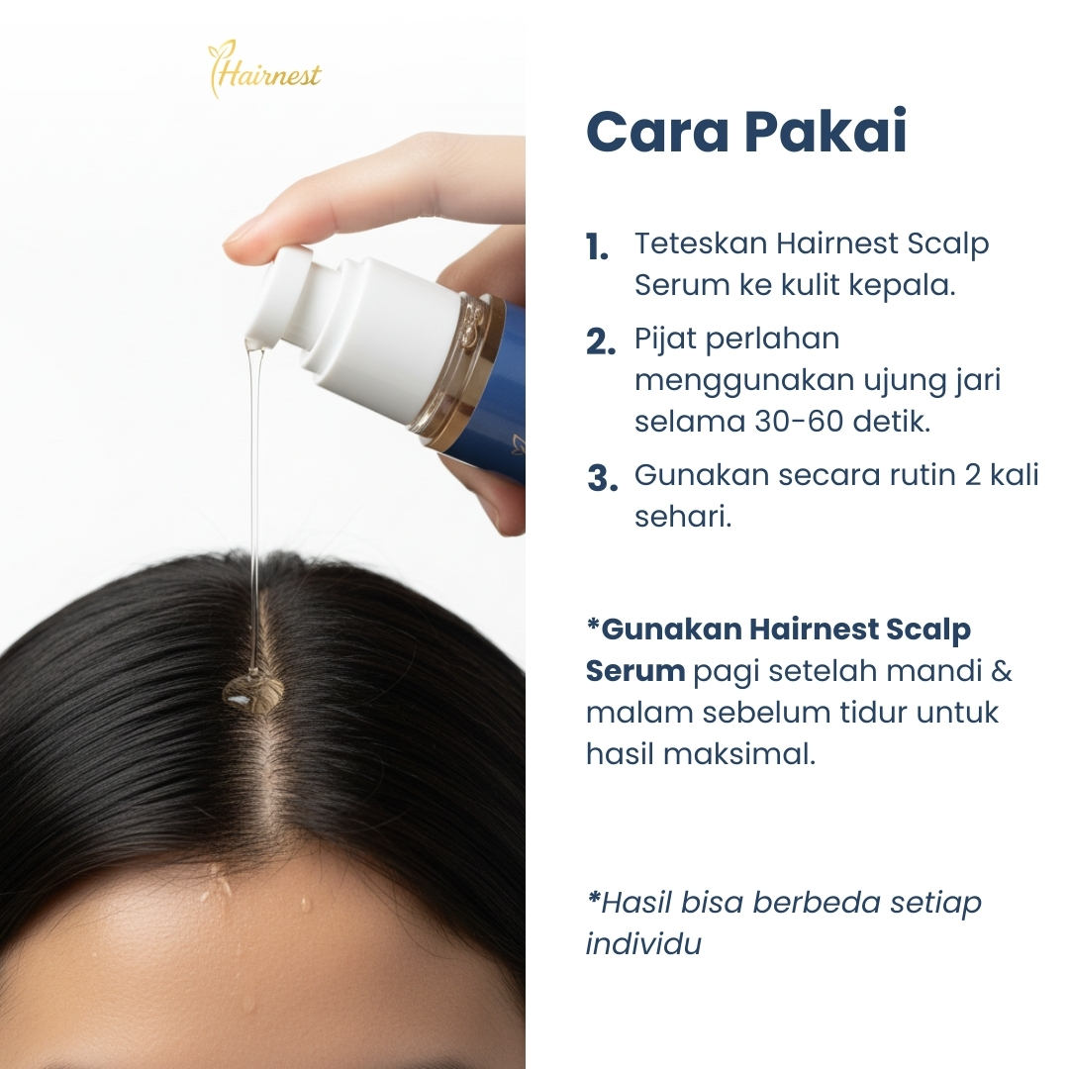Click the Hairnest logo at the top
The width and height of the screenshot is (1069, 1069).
(x=264, y=70)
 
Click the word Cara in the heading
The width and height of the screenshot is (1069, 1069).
(x=654, y=133)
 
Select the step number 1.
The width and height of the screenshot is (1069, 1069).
(x=597, y=248)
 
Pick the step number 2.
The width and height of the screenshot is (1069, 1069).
(x=601, y=342)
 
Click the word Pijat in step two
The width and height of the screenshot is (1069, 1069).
(x=665, y=340)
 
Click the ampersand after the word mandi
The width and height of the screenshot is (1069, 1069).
(x=1001, y=671)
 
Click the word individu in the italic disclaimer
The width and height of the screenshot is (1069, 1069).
(x=643, y=943)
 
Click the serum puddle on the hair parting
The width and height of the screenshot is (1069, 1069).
(x=253, y=690)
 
